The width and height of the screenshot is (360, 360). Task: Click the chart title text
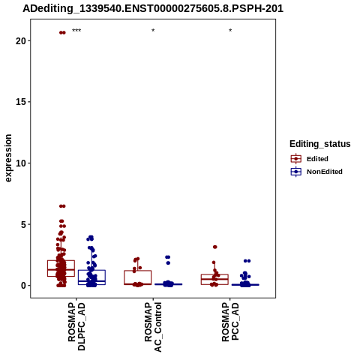pos(153,9)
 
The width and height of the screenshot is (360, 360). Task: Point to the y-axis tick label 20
pos(21,40)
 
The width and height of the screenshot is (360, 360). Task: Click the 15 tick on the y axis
pos(21,102)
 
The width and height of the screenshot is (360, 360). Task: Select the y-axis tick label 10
pos(21,163)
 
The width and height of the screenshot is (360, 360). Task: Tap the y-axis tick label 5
pos(23,224)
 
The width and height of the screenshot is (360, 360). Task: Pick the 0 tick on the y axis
pos(23,286)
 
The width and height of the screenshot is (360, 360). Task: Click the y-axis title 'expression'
pos(8,158)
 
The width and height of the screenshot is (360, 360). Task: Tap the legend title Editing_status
pos(320,144)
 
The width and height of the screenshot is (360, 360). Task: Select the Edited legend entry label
pos(317,159)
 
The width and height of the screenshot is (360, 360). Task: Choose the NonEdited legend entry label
pos(325,172)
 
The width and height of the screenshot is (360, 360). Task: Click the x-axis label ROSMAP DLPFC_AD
pos(76,326)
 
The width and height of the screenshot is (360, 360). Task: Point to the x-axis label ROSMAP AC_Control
pos(153,327)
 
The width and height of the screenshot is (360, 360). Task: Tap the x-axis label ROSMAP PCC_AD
pos(230,322)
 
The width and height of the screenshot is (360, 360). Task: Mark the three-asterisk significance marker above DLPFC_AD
pos(76,31)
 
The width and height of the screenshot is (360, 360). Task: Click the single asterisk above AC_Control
pos(153,31)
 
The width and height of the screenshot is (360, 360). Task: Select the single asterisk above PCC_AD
pos(230,31)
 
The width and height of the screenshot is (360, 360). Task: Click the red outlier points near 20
pos(62,32)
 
